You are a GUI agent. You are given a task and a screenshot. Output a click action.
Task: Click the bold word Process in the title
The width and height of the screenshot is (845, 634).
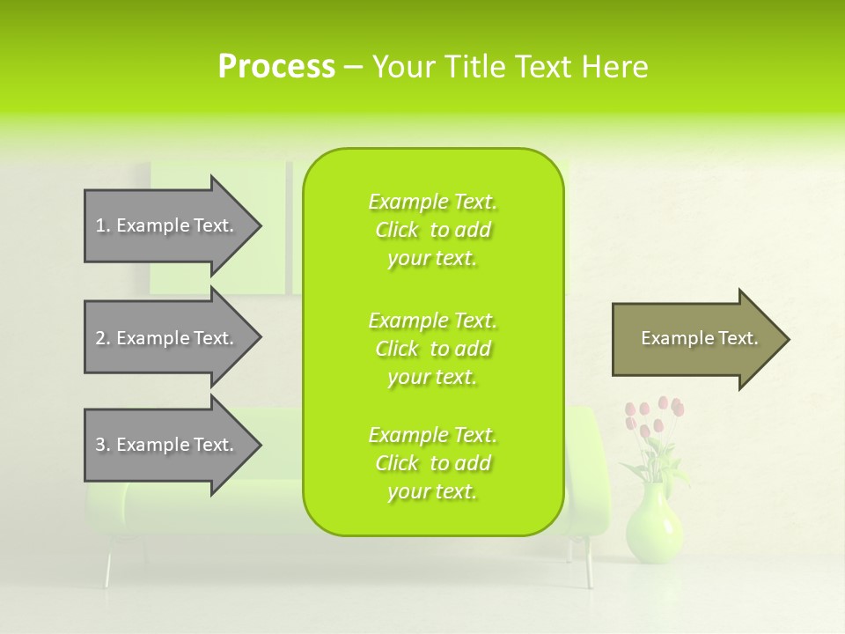click(x=276, y=67)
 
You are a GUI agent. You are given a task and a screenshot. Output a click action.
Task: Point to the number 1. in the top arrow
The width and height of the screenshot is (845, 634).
click(x=103, y=225)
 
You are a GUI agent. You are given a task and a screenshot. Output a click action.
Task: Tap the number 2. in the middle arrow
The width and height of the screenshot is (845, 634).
click(x=103, y=338)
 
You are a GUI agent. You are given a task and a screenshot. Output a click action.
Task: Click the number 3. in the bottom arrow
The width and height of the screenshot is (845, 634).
click(x=103, y=445)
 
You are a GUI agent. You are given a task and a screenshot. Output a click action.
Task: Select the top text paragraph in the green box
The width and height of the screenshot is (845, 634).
click(x=432, y=230)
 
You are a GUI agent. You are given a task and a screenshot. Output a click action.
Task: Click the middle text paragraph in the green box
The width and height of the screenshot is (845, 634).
click(x=432, y=349)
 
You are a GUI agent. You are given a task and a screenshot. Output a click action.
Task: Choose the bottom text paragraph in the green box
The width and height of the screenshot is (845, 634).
click(x=432, y=463)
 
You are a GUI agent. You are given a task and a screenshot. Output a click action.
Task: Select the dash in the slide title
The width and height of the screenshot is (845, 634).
click(x=354, y=68)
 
